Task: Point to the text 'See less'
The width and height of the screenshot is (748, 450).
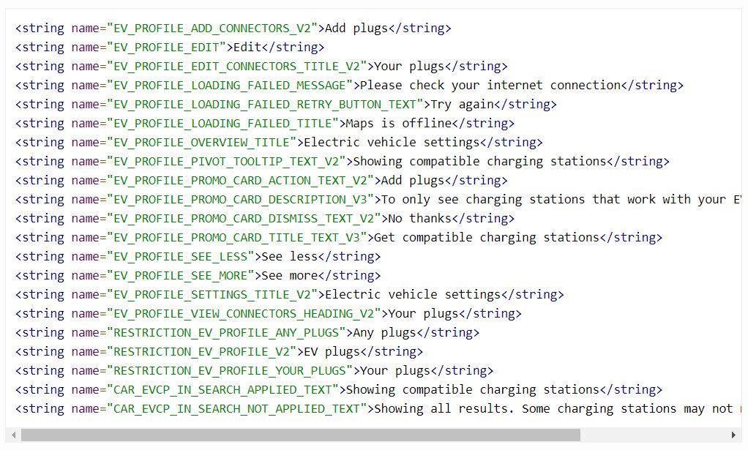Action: pos(289,257)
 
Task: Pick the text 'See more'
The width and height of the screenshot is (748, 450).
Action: pos(289,276)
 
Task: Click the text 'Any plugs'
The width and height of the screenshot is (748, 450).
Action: pos(384,333)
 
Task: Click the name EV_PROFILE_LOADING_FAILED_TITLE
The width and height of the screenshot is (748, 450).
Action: pos(223,124)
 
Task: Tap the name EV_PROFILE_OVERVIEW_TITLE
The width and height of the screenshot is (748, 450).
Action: pos(202,143)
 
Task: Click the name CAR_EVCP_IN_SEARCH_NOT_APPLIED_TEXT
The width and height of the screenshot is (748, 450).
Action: pos(237,409)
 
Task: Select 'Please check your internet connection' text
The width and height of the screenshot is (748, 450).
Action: pos(487,86)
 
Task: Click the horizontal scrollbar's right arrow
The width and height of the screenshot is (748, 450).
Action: pos(734,435)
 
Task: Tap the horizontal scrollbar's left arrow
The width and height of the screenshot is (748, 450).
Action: pos(14,435)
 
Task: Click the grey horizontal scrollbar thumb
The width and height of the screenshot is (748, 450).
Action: pos(300,435)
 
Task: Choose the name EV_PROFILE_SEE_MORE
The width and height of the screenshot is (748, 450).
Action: pos(181,276)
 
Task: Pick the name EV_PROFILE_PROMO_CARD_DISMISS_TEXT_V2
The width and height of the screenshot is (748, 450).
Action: pos(244,219)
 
